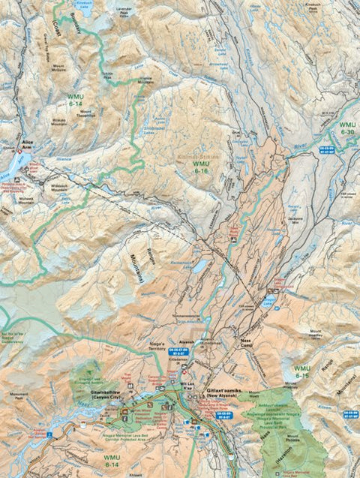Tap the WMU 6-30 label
pyautogui.click(x=347, y=128)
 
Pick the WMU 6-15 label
pyautogui.click(x=302, y=372)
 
